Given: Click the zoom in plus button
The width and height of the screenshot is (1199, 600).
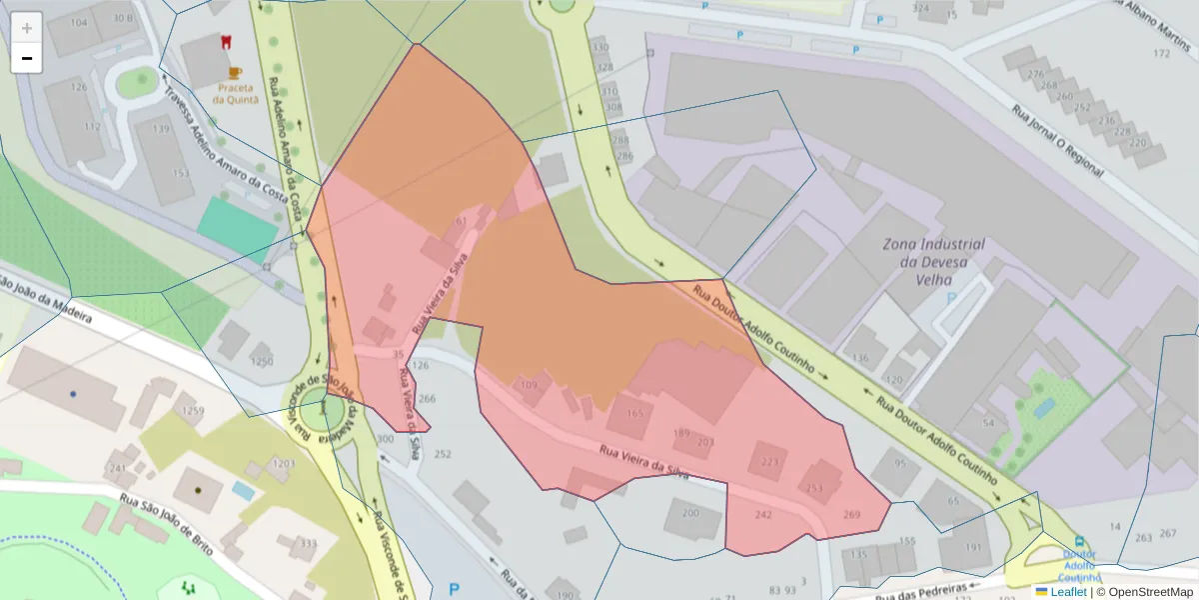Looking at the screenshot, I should (x=27, y=27).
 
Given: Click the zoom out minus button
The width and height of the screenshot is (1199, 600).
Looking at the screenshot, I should (x=27, y=58).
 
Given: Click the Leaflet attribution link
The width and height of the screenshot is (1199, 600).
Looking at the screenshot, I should (x=1067, y=592).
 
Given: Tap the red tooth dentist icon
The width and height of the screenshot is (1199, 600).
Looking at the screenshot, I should (x=225, y=43).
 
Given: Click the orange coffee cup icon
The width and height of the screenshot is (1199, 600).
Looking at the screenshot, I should (x=235, y=72).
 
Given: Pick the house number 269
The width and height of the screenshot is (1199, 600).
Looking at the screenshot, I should (x=851, y=514).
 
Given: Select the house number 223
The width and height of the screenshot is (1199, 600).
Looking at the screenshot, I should (x=769, y=461).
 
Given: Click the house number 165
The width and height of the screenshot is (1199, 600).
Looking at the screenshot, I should (x=634, y=413).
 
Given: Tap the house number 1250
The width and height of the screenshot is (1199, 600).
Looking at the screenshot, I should (x=262, y=361).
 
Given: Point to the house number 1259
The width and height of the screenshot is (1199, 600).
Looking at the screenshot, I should (x=193, y=410).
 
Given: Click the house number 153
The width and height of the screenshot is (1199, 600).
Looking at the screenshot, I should (x=180, y=173).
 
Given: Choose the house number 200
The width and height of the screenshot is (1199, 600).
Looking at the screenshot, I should (x=690, y=513).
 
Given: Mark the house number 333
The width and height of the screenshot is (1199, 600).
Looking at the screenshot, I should (x=309, y=544).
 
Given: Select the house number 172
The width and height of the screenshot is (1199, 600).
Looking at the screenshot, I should (x=1161, y=53).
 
